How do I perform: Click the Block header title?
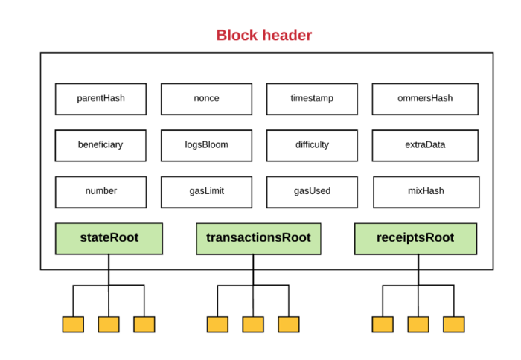coord(264,35)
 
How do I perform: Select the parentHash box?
coord(100,99)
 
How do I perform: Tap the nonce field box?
coord(206,99)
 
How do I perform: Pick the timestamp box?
coord(312,99)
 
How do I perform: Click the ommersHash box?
coord(425,99)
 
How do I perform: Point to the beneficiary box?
coord(100,146)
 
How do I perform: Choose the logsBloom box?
coord(206,146)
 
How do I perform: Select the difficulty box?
coord(312,146)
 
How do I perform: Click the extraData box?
coord(425,146)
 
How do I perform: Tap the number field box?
coord(100,192)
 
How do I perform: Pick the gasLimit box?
coord(206,192)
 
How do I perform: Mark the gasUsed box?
coord(312,192)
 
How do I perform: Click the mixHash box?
coord(426,192)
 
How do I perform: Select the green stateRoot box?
coord(109,239)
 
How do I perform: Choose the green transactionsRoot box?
coord(258,239)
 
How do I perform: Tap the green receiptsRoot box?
coord(415,239)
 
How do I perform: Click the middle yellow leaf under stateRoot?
coord(109,324)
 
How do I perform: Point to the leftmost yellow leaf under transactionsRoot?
coord(217,324)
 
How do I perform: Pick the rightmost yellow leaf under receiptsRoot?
coord(454,324)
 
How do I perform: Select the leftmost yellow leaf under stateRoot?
coord(73,324)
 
